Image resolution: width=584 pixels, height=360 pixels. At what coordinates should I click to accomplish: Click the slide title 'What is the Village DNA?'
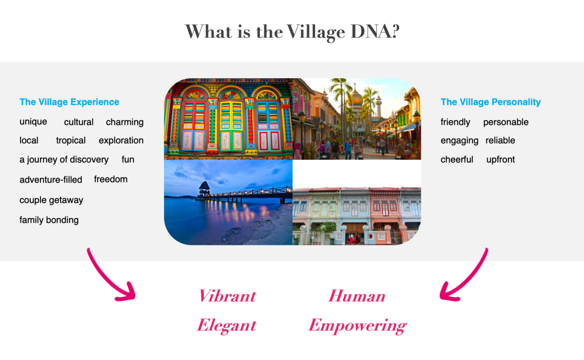[x=292, y=31]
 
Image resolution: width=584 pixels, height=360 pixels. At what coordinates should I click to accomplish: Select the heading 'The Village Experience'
[x=69, y=102]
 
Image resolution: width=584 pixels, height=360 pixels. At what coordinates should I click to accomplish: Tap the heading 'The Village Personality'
[x=490, y=102]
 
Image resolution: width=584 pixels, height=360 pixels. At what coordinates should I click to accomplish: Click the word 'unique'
[x=33, y=122]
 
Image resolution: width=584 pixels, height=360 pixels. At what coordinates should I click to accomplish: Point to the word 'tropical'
[x=71, y=141]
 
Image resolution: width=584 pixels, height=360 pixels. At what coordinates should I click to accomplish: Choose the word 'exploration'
[x=121, y=141]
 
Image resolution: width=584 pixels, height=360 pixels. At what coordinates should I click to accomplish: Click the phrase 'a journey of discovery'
[x=64, y=160]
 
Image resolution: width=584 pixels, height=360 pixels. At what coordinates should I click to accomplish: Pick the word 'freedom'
[x=111, y=180]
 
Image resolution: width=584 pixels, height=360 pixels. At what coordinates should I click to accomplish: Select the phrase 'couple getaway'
[x=51, y=200]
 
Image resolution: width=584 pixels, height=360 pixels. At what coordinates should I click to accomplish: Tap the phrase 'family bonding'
[x=49, y=220]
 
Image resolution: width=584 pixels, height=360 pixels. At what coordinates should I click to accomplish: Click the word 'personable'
[x=506, y=122]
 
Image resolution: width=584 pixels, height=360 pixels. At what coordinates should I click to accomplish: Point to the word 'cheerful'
[x=457, y=160]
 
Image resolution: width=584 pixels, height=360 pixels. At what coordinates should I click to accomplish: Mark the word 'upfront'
[x=501, y=160]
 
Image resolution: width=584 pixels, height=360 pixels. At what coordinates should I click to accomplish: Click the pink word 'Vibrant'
[x=227, y=296]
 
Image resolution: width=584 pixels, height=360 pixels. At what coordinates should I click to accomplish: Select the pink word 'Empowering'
[x=357, y=326]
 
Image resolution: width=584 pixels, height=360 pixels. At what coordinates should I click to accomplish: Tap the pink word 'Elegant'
[x=227, y=325]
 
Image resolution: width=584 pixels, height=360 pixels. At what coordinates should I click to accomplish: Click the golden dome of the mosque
[x=355, y=98]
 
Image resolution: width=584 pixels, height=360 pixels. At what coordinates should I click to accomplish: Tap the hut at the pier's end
[x=204, y=189]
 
